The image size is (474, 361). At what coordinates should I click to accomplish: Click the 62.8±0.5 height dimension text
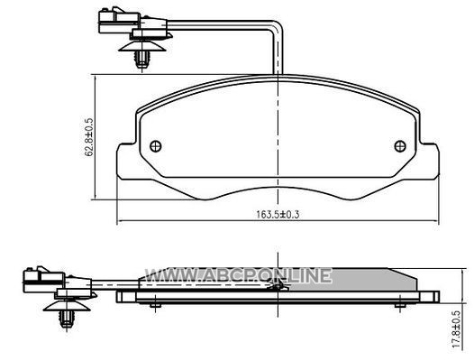[x=89, y=137]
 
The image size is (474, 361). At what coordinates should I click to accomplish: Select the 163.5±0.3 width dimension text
[x=278, y=215]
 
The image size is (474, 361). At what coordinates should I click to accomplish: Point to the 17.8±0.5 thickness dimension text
[x=457, y=329]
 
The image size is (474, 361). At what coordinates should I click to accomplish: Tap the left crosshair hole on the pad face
[x=156, y=146]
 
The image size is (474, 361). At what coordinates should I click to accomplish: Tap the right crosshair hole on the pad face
[x=400, y=146]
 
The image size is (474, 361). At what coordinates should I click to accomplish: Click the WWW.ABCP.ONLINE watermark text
[x=238, y=275]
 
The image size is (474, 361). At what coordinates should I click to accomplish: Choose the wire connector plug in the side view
[x=43, y=280]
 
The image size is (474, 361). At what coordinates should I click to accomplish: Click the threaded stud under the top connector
[x=141, y=60]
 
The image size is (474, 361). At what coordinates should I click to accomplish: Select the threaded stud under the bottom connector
[x=67, y=319]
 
